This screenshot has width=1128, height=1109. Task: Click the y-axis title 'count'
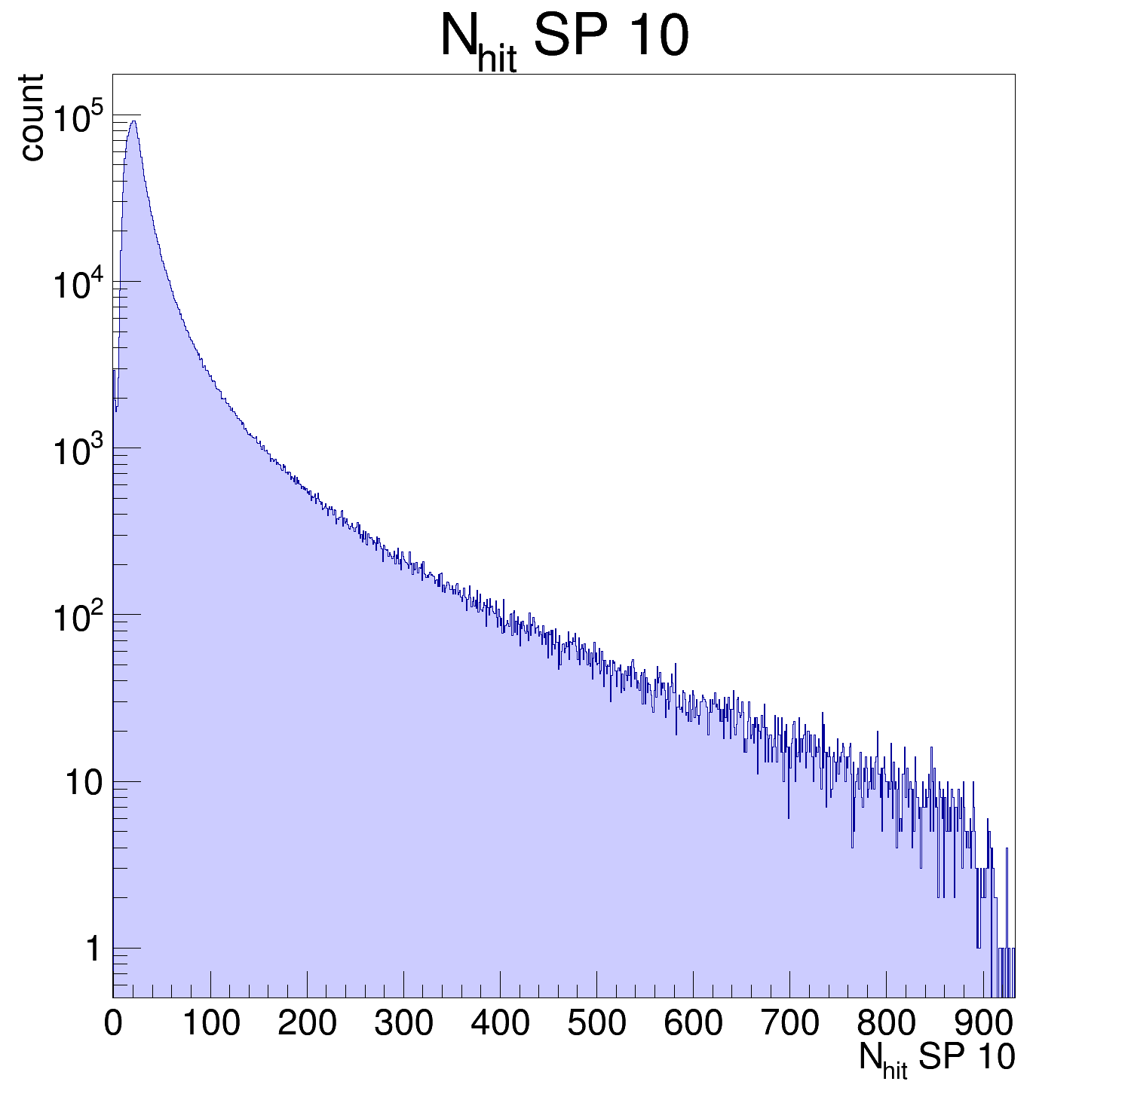[x=32, y=118]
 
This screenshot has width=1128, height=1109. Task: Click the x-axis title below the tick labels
[x=936, y=1059]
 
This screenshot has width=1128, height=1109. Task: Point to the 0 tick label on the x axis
[x=113, y=1024]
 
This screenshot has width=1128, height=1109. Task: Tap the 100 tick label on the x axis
[x=210, y=1024]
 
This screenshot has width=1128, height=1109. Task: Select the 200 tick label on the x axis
[x=307, y=1024]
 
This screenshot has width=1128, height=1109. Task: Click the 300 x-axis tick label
[x=403, y=1024]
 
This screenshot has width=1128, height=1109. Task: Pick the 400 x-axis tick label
[x=500, y=1024]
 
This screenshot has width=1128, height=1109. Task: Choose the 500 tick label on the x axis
[x=596, y=1024]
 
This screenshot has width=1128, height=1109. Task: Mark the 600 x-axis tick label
[x=693, y=1024]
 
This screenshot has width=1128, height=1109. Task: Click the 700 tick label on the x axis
[x=789, y=1024]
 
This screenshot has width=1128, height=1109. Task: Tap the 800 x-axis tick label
[x=886, y=1024]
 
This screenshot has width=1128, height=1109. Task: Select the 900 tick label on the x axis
[x=983, y=1024]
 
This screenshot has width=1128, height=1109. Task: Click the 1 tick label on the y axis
[x=92, y=949]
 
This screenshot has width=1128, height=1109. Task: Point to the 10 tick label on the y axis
[x=83, y=783]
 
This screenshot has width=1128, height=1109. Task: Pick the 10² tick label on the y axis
[x=78, y=619]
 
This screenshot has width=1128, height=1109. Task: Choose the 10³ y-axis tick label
[x=78, y=451]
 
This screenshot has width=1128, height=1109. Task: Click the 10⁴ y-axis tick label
[x=78, y=285]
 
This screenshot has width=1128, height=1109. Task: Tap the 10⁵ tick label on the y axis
[x=78, y=118]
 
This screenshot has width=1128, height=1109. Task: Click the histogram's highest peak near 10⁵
[x=133, y=121]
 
